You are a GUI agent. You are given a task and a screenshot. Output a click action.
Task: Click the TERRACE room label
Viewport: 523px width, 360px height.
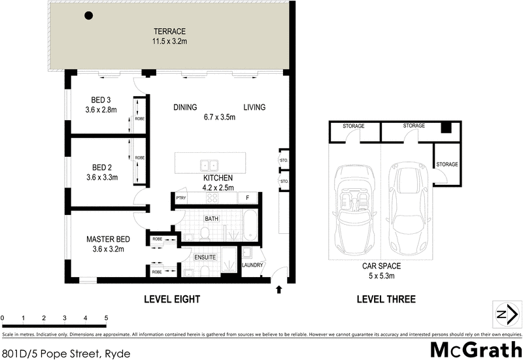[170, 31]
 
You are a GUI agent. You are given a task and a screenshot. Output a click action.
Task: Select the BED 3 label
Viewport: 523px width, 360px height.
[101, 100]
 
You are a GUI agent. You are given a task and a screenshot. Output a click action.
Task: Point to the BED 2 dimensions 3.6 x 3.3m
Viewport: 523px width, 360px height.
[103, 176]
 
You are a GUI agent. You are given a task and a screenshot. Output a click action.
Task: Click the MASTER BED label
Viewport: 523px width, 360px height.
[106, 238]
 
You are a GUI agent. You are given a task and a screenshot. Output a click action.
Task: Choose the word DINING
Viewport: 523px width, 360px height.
[186, 107]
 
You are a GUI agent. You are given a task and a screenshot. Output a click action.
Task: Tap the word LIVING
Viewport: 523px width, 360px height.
[254, 107]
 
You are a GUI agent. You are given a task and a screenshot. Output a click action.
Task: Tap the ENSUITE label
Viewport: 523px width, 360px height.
[205, 257]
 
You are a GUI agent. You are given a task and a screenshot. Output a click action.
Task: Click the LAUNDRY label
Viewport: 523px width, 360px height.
[252, 265]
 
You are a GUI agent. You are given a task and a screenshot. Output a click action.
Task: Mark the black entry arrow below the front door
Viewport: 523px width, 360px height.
[280, 288]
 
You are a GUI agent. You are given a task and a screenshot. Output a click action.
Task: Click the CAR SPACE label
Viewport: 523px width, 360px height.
[382, 266]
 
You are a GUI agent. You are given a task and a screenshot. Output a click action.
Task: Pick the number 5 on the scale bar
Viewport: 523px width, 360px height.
[106, 318]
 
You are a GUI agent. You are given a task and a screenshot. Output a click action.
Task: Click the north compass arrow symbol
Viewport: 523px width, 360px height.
[503, 314]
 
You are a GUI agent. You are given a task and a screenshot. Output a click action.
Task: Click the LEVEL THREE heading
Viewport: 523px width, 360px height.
[386, 300]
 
